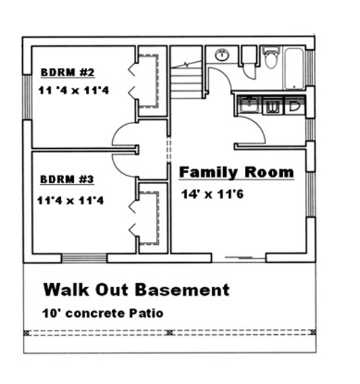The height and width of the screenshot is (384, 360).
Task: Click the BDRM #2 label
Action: coord(67,73)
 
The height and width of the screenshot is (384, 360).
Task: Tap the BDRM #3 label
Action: coord(67,179)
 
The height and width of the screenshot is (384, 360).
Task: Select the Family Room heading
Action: coord(237,172)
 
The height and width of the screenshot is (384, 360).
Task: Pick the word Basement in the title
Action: coord(181,290)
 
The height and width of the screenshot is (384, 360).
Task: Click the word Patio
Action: coord(148,313)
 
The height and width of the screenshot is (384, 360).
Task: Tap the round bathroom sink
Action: coord(222,55)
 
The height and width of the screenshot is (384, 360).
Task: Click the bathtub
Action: coord(294,67)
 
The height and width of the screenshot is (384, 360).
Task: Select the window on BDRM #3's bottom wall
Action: coord(84,259)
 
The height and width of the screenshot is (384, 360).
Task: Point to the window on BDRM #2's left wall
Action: coord(26,97)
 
